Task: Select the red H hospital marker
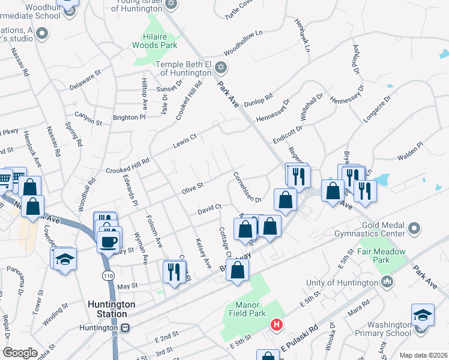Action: [x=276, y=325]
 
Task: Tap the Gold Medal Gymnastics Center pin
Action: [x=414, y=228]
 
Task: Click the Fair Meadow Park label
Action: [x=382, y=256]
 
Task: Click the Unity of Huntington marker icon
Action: [x=387, y=281]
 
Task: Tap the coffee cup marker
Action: [x=108, y=242]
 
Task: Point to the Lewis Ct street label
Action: [x=185, y=140]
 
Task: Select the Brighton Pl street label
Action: [x=130, y=117]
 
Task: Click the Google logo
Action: [x=20, y=353]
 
